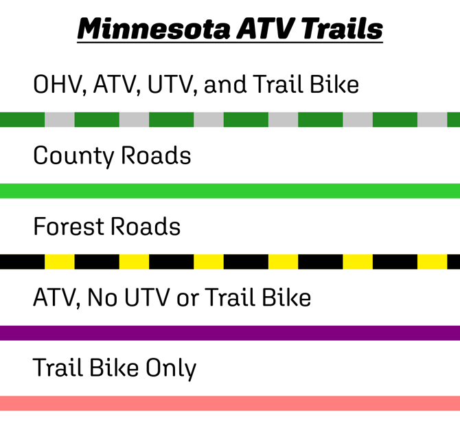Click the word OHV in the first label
(x=57, y=85)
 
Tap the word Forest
(x=69, y=227)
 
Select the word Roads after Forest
(x=148, y=227)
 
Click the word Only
(x=169, y=369)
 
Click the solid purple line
(x=230, y=333)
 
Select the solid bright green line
(x=230, y=191)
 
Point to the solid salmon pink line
(x=230, y=403)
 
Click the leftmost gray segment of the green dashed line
(x=60, y=120)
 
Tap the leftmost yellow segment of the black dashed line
(x=60, y=262)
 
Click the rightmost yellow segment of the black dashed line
(x=433, y=262)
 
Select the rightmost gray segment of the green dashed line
(x=433, y=120)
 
